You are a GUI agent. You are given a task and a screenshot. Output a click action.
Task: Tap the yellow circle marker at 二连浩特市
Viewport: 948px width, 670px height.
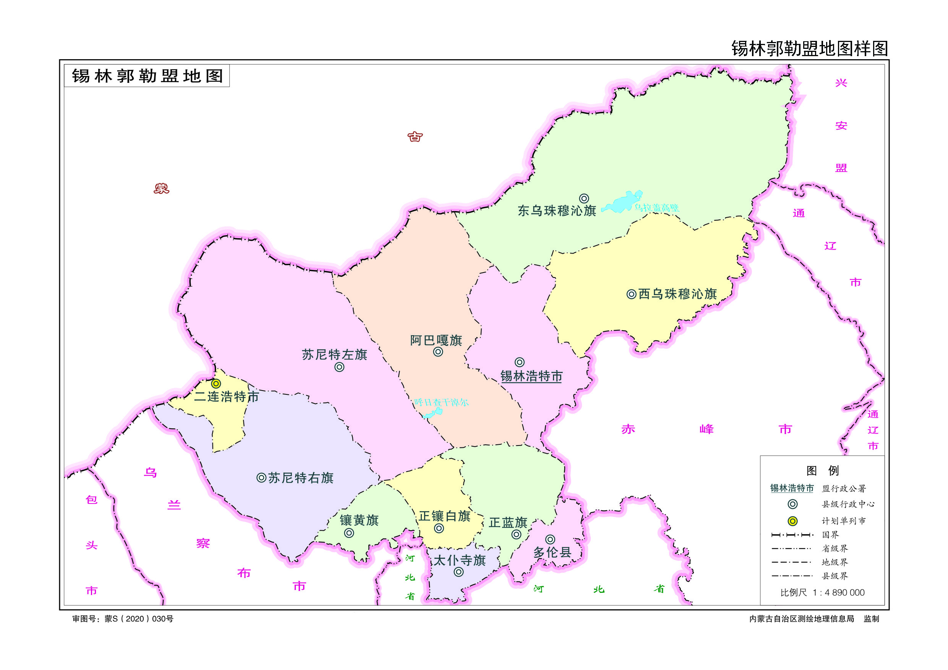(216, 384)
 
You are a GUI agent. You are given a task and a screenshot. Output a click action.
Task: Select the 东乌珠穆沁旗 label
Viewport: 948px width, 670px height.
(557, 211)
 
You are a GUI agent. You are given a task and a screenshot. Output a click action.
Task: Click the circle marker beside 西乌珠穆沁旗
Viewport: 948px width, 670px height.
(631, 294)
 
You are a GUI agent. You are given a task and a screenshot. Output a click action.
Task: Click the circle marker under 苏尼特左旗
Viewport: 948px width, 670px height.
(339, 367)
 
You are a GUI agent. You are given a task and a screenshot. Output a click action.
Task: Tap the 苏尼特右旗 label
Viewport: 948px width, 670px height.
(301, 478)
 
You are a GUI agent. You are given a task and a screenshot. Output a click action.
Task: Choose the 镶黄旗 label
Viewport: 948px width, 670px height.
(359, 520)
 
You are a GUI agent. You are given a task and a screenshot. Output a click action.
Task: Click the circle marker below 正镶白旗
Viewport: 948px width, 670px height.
(439, 528)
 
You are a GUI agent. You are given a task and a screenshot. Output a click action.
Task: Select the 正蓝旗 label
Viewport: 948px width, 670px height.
(508, 523)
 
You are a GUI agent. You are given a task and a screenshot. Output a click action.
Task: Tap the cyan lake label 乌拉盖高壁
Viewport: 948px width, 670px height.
(656, 208)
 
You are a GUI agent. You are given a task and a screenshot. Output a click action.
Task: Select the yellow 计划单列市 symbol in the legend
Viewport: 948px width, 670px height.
(792, 521)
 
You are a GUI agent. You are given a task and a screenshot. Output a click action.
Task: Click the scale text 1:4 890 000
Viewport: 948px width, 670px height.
(838, 593)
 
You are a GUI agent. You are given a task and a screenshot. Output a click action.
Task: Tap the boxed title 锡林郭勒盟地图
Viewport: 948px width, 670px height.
(147, 76)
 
